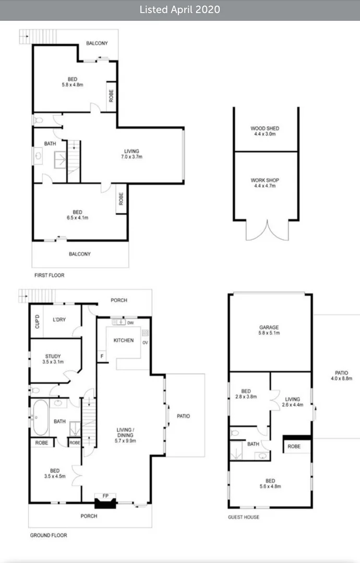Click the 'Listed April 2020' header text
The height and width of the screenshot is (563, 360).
coord(179,10)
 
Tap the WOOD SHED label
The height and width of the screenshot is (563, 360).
coord(265,131)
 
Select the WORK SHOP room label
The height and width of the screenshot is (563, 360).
coord(265,183)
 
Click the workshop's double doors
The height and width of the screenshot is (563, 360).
coord(267,230)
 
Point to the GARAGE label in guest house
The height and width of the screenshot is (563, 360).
coord(269,330)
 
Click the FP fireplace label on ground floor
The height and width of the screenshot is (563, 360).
coord(105,496)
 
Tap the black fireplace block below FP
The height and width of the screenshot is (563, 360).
coord(105,504)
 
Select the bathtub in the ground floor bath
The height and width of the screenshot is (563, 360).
coord(40,418)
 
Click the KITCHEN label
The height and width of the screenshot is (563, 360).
coord(124,340)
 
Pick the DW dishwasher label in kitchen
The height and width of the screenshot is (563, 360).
coord(130,323)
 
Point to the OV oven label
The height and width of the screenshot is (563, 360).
coord(145,342)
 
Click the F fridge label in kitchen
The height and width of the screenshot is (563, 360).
coord(102,356)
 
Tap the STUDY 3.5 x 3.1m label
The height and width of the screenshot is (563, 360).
coord(53,359)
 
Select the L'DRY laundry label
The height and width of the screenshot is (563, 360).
coord(59,320)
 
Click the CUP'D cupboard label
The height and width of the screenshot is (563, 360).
coord(37,321)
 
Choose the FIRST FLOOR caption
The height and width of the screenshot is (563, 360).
coord(49,275)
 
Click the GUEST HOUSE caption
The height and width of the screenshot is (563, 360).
coord(244,517)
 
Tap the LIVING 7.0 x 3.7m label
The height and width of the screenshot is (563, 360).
coord(131,154)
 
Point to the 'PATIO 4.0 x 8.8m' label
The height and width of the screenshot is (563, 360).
coord(341,375)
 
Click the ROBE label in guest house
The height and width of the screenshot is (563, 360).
coord(294,446)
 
